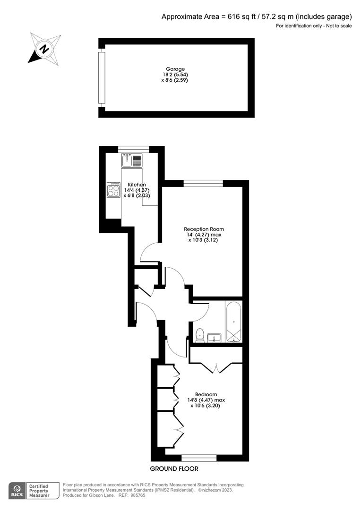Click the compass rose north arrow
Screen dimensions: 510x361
(x=44, y=48)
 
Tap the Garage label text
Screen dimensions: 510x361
(x=175, y=69)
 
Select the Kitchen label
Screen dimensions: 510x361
(x=137, y=185)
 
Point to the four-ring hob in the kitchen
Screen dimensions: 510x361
(x=113, y=190)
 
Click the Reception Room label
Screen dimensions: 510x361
(x=204, y=229)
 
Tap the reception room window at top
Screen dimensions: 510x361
(x=203, y=184)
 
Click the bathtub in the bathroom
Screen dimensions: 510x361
(x=234, y=322)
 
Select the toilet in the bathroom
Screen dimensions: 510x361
(x=200, y=335)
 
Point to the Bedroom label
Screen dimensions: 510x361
(x=206, y=394)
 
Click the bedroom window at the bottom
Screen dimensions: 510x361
(x=199, y=458)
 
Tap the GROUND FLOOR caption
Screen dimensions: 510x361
(x=174, y=469)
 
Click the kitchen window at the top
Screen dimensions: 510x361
(x=133, y=150)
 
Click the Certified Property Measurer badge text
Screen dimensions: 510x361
(x=40, y=491)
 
